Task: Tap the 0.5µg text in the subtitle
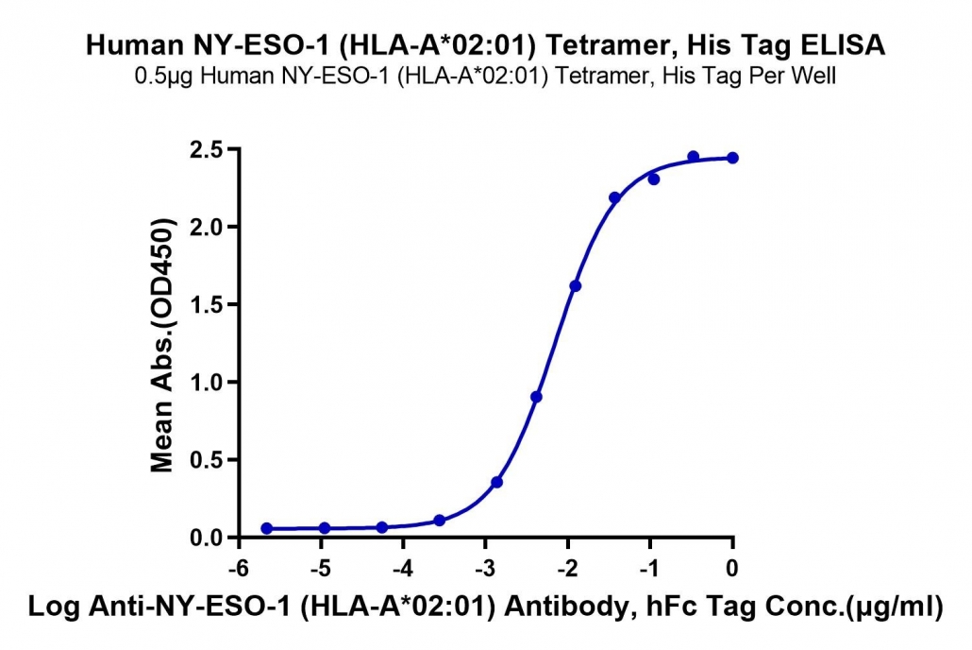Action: pos(164,77)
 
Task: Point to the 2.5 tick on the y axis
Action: pos(209,149)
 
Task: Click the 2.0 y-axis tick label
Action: pos(209,228)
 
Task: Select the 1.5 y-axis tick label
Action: pos(209,305)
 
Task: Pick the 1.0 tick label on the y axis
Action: pos(209,383)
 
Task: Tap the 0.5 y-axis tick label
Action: pos(209,460)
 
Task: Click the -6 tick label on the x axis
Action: pos(239,568)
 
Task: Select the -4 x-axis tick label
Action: pos(403,568)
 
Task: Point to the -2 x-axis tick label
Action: pos(567,568)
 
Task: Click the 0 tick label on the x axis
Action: pos(732,568)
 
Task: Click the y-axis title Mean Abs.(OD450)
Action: pos(162,345)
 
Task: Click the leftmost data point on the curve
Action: pos(266,528)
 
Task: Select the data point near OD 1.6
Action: pos(576,286)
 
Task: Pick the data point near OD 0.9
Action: pos(537,397)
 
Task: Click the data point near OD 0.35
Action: pos(496,482)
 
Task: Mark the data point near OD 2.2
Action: pos(615,198)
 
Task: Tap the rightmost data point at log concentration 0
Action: pos(732,159)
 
